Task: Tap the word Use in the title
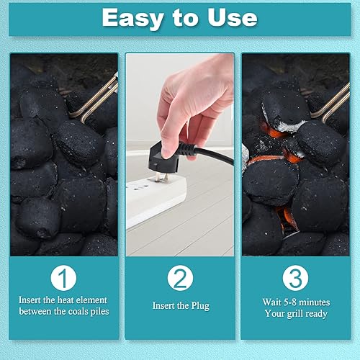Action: [x=233, y=17]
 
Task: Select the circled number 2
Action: [x=179, y=277]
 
